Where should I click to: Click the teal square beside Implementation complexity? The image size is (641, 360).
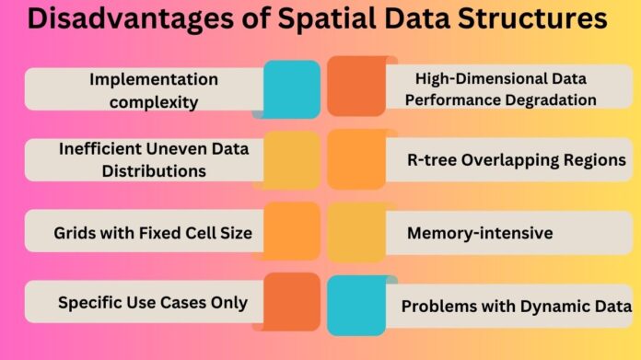pos(291,89)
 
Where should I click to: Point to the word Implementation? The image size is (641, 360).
pos(154,80)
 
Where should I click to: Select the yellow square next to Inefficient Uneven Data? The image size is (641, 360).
pos(291,160)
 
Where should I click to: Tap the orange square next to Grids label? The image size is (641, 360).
pos(291,232)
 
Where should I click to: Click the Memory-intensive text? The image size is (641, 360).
pos(479,232)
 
